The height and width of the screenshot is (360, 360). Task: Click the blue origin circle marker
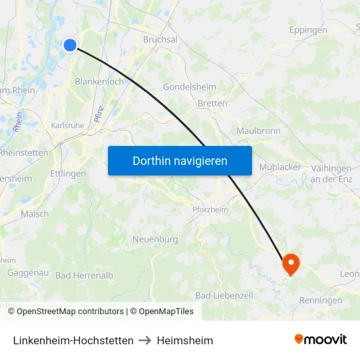70,45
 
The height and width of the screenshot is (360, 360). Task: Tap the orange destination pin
290,263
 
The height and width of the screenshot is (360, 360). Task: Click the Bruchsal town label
160,39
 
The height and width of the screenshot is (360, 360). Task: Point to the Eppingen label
308,30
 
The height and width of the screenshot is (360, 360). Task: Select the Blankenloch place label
99,82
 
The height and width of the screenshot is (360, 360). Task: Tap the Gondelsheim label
185,87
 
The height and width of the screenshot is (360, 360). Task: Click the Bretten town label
212,103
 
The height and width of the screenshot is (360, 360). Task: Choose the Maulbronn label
258,131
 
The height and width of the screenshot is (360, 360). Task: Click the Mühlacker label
280,167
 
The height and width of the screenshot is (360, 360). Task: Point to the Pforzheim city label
209,209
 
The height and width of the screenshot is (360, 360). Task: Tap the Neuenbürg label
155,240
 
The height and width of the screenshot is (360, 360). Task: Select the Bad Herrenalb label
84,276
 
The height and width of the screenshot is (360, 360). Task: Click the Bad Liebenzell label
224,296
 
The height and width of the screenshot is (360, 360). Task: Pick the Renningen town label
321,300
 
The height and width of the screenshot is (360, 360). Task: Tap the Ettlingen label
67,174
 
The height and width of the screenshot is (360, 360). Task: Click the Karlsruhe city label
66,125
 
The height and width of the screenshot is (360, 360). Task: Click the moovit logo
320,340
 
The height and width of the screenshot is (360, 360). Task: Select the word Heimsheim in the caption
185,340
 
